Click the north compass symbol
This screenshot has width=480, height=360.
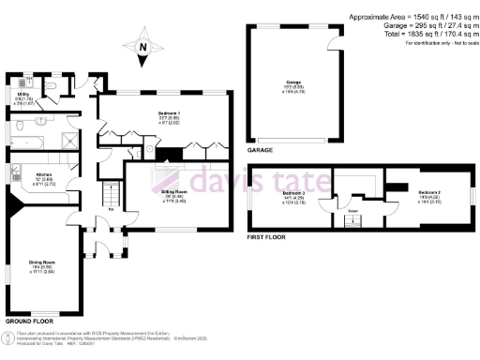(142, 50)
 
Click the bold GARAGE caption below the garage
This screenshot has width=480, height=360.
(260, 150)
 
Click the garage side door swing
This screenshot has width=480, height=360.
(334, 46)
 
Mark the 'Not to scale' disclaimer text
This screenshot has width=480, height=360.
(449, 44)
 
